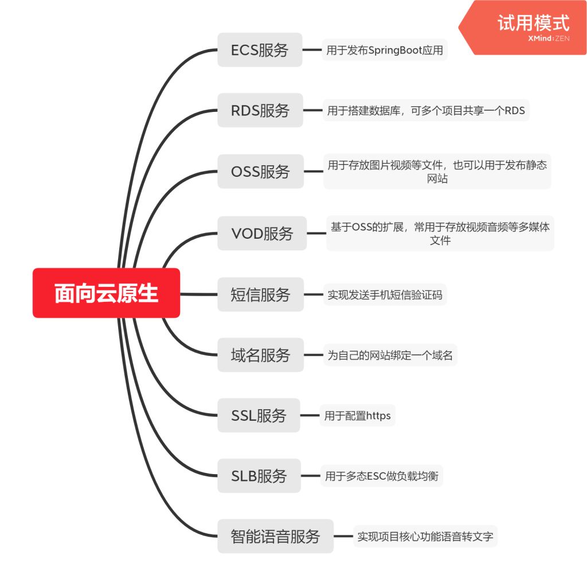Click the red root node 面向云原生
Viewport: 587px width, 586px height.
click(x=106, y=293)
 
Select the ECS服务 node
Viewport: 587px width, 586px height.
click(x=260, y=50)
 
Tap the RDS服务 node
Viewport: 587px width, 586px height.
click(x=260, y=110)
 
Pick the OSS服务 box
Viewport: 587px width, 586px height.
click(x=260, y=171)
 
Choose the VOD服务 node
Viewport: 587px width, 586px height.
click(x=262, y=233)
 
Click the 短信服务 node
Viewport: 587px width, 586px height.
click(x=260, y=294)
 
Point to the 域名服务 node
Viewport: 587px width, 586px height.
click(x=260, y=355)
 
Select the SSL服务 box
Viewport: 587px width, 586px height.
click(x=259, y=415)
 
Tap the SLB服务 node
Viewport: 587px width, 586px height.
click(x=259, y=476)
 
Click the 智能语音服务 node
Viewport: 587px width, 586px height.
click(x=275, y=537)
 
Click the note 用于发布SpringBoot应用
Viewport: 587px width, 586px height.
click(x=384, y=51)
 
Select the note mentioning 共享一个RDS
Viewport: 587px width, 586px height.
click(x=425, y=110)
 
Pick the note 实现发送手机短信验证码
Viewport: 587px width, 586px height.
click(x=384, y=296)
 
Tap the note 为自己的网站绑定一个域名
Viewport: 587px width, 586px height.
click(x=390, y=356)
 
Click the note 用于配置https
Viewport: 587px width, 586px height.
click(x=357, y=416)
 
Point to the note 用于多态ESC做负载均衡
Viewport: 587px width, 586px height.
click(x=381, y=476)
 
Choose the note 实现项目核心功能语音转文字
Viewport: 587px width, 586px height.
click(x=425, y=537)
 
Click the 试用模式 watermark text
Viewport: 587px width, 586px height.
click(x=533, y=24)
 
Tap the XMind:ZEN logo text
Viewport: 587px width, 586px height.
click(x=549, y=39)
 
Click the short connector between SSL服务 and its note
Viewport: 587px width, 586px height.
click(x=310, y=415)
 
